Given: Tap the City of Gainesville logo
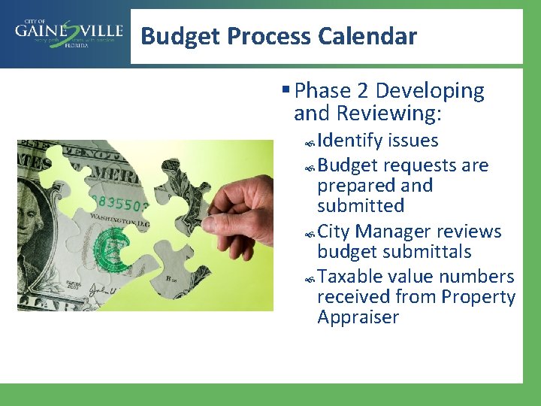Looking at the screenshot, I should point(68,34).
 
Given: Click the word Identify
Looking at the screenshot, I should point(349,141).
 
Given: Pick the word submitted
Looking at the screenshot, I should point(361,205).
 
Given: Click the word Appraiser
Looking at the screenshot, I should point(358,317).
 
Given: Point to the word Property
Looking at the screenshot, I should point(478,297).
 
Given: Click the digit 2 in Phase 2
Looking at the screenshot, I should point(362,91).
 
